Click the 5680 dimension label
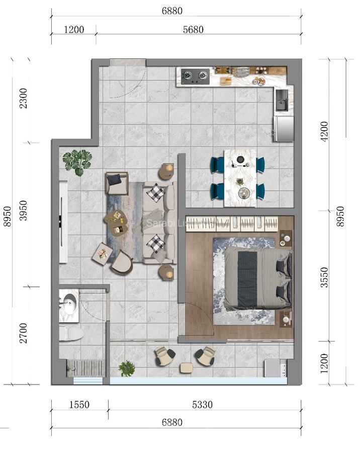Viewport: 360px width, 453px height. click(x=193, y=30)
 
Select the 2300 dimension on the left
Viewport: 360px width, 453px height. click(x=23, y=100)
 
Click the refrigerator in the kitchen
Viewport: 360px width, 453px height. click(x=283, y=129)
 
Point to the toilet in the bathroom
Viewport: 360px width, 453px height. click(x=70, y=333)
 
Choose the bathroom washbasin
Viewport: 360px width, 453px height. click(x=68, y=304)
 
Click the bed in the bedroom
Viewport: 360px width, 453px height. click(x=257, y=278)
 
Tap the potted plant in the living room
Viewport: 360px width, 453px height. click(x=77, y=162)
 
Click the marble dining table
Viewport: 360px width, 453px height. click(x=239, y=178)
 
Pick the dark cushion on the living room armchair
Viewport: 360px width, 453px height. click(x=115, y=180)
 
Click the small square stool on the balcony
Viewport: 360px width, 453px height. click(x=186, y=368)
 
